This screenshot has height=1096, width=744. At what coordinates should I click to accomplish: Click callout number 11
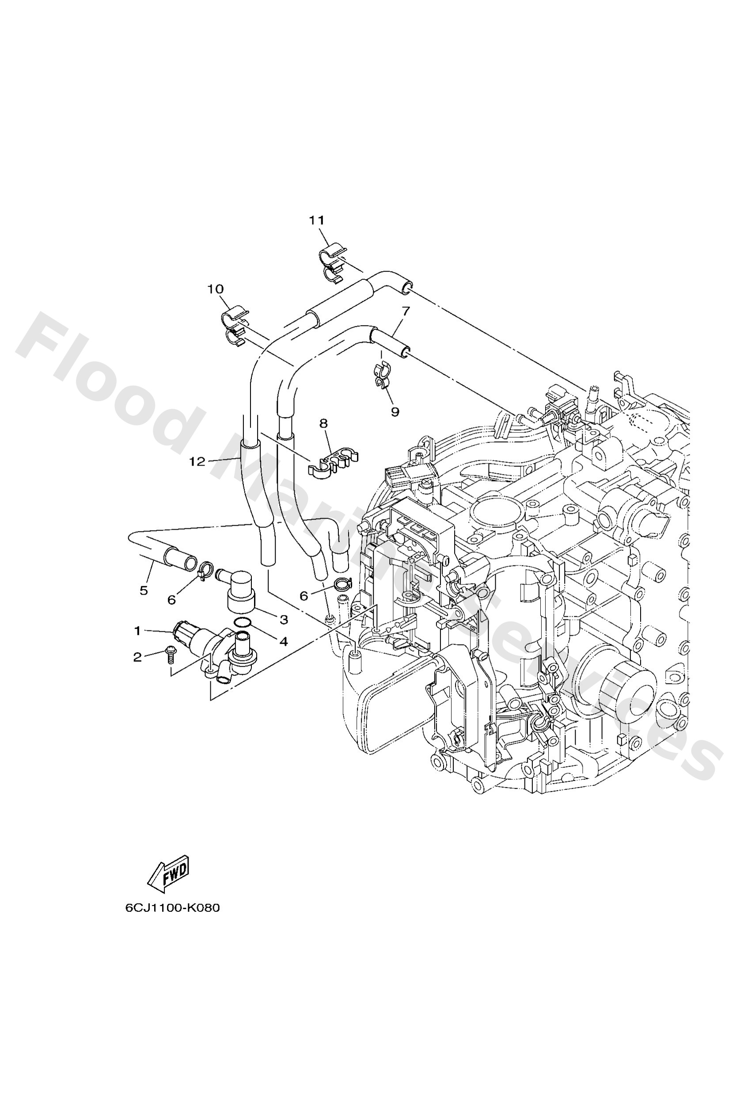[x=317, y=220]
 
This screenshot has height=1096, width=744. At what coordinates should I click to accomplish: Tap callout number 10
[x=215, y=289]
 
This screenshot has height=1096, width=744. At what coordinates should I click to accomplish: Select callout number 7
[x=406, y=311]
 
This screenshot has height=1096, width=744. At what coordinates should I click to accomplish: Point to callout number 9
[x=395, y=412]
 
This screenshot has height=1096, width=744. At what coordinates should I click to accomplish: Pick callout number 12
[x=197, y=462]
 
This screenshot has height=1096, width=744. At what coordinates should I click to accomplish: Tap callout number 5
[x=144, y=590]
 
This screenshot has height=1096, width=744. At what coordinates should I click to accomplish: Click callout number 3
[x=284, y=620]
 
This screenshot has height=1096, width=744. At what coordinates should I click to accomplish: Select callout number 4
[x=284, y=641]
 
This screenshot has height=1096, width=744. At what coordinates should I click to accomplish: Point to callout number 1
[x=137, y=630]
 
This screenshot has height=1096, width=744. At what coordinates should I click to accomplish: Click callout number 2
[x=137, y=657]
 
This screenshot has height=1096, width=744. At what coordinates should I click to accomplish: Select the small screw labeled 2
[x=169, y=654]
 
